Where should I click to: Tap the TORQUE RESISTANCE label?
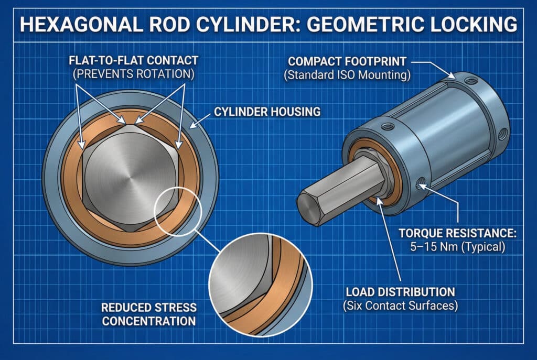(454, 233)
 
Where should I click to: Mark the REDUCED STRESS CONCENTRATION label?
(149, 313)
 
